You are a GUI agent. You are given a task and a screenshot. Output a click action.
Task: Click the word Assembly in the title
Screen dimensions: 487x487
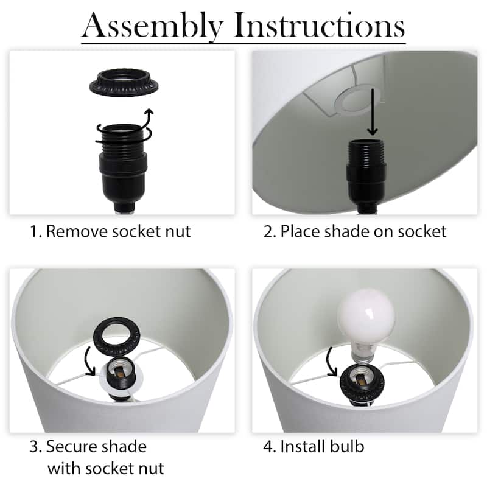tap(153, 26)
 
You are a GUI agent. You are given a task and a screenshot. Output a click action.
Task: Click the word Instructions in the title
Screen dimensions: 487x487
tap(319, 25)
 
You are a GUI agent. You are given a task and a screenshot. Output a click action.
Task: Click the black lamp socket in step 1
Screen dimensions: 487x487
tap(124, 168)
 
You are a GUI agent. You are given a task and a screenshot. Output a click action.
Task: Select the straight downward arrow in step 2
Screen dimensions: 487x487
tap(373, 112)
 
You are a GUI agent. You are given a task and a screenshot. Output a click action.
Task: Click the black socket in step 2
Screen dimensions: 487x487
tap(366, 176)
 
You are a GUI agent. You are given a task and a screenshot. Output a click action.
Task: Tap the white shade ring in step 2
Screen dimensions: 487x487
tap(357, 102)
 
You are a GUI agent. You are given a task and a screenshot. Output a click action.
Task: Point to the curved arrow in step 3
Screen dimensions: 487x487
tap(88, 362)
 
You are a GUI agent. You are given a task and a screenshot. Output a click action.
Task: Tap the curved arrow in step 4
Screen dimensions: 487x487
tap(330, 362)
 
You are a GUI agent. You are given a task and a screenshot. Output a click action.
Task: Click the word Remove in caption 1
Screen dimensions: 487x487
tap(77, 231)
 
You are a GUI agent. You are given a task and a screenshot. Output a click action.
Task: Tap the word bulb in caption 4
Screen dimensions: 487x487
tap(347, 446)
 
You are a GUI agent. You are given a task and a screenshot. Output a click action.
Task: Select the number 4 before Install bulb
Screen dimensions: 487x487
tap(268, 447)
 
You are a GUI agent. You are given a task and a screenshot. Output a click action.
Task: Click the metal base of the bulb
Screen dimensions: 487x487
tap(362, 355)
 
